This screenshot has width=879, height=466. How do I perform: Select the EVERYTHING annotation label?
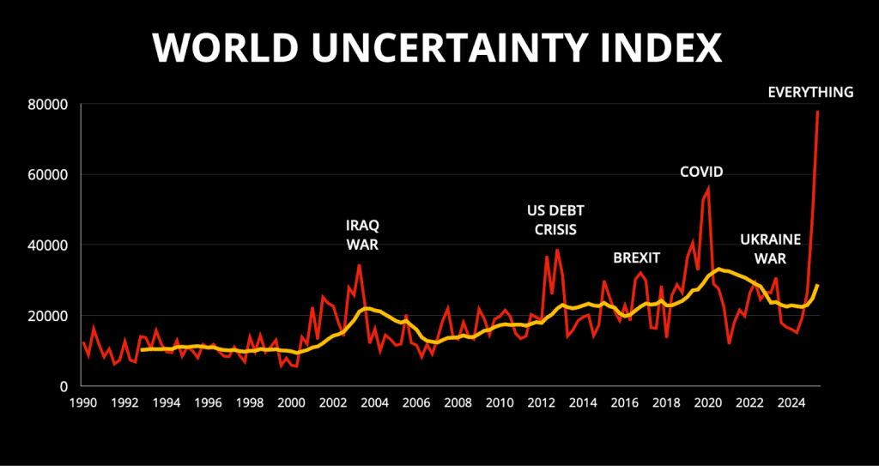pyautogui.click(x=810, y=92)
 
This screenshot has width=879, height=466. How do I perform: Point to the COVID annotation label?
pyautogui.click(x=701, y=172)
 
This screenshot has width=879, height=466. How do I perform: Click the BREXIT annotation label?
pyautogui.click(x=636, y=257)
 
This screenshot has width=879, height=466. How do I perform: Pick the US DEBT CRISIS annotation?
pyautogui.click(x=551, y=220)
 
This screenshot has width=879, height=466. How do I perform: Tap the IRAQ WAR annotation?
pyautogui.click(x=361, y=234)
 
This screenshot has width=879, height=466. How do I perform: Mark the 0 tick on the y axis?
pyautogui.click(x=64, y=386)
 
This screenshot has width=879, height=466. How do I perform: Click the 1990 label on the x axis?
pyautogui.click(x=83, y=402)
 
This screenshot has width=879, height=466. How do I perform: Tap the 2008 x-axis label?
pyautogui.click(x=458, y=402)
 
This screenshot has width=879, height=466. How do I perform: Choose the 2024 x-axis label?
pyautogui.click(x=791, y=402)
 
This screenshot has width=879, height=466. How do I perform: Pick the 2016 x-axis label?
pyautogui.click(x=624, y=402)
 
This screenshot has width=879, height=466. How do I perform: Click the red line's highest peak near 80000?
pyautogui.click(x=817, y=112)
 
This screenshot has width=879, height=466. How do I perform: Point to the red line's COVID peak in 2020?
pyautogui.click(x=709, y=187)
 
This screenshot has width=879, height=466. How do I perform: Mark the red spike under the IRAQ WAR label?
pyautogui.click(x=359, y=265)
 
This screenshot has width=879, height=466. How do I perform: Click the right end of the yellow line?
pyautogui.click(x=818, y=285)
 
